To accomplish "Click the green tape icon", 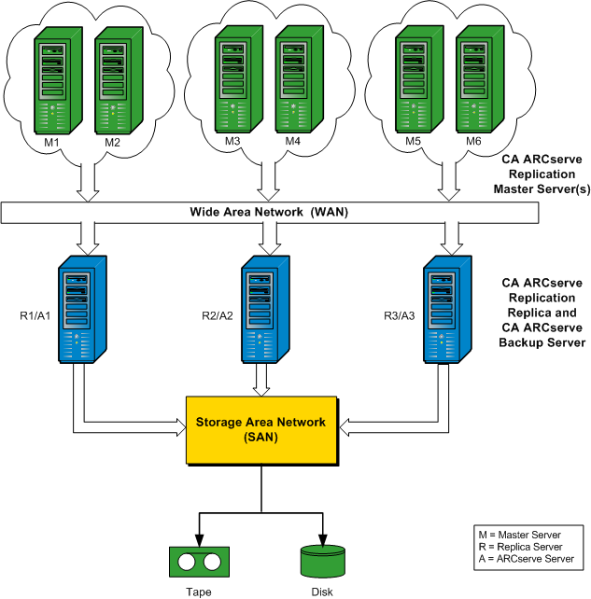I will click(199, 562).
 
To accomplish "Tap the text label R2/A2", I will click(218, 314).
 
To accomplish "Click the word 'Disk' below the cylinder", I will click(322, 591).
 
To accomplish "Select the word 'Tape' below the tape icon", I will click(199, 591).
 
